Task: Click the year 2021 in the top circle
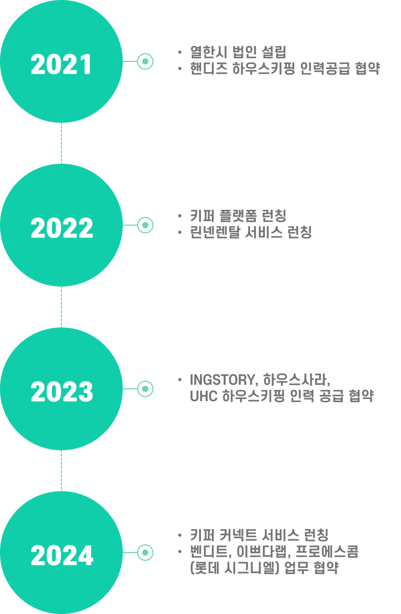pyautogui.click(x=61, y=65)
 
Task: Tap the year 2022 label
pyautogui.click(x=62, y=229)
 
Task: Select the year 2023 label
pyautogui.click(x=62, y=392)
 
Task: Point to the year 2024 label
pyautogui.click(x=62, y=556)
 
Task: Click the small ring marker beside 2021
pyautogui.click(x=145, y=61)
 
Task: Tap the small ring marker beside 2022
pyautogui.click(x=145, y=225)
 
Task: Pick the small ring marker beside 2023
pyautogui.click(x=145, y=389)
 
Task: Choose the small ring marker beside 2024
pyautogui.click(x=145, y=553)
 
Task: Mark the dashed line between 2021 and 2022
pyautogui.click(x=61, y=143)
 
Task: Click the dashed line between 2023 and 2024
pyautogui.click(x=61, y=471)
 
